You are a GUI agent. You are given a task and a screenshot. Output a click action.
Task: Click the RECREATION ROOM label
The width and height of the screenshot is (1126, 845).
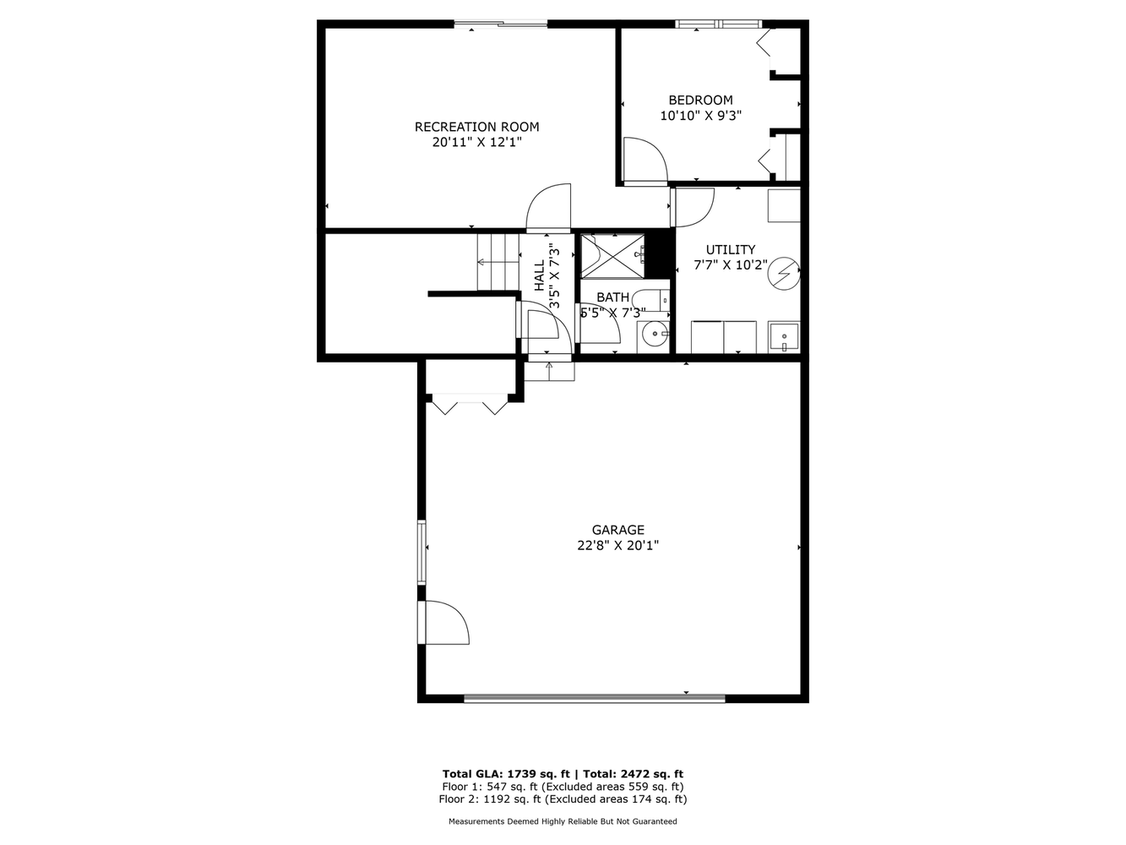point(476,127)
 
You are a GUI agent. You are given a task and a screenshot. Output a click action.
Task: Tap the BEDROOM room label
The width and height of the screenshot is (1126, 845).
point(700,100)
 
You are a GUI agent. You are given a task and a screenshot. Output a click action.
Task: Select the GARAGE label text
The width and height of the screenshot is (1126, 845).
point(617,530)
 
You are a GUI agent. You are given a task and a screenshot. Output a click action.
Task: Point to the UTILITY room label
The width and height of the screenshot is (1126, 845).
point(731,250)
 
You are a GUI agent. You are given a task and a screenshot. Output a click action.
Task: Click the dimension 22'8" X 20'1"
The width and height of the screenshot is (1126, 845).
point(617,545)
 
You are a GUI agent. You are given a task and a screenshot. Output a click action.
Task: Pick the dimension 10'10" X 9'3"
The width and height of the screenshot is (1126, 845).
point(701,116)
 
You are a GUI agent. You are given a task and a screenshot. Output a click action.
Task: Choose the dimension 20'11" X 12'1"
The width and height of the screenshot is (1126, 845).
point(476,142)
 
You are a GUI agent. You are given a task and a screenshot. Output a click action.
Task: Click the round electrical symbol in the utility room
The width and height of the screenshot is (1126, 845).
point(783,274)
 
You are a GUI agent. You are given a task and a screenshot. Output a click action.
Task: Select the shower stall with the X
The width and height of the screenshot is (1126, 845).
point(612,256)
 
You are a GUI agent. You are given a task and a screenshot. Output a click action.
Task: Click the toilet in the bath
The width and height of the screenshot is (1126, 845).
point(650,298)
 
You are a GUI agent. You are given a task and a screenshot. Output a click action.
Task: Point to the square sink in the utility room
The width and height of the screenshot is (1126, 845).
point(784,337)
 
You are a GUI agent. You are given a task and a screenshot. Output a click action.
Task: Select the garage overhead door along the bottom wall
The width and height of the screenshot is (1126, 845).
point(595,698)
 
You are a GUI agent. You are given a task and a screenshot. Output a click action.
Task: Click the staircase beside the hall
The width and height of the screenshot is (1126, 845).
point(498,262)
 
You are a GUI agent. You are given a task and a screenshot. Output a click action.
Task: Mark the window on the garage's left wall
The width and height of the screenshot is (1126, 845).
point(422,552)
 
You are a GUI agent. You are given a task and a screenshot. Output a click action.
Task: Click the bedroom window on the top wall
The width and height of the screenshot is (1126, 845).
point(718,24)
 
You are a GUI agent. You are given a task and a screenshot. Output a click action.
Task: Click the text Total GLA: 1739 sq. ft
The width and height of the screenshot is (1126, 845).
point(506,774)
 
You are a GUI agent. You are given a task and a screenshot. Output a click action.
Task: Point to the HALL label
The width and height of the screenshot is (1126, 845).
point(540,276)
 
